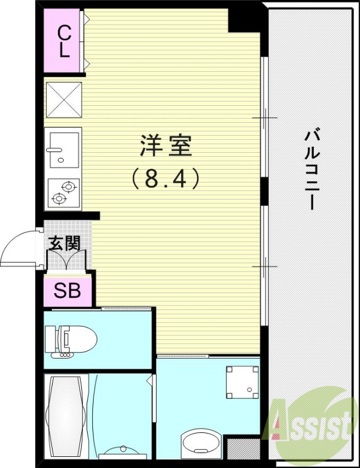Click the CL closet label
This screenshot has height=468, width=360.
pos(64,41)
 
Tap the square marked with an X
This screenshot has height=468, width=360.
pos(64,100)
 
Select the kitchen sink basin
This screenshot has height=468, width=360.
pos(63,147)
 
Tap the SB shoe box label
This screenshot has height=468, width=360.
pos(68,291)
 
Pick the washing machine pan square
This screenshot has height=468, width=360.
pos(242,381)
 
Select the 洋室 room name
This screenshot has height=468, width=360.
pos(166,146)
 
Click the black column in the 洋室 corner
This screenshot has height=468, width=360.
pos(243,20)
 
